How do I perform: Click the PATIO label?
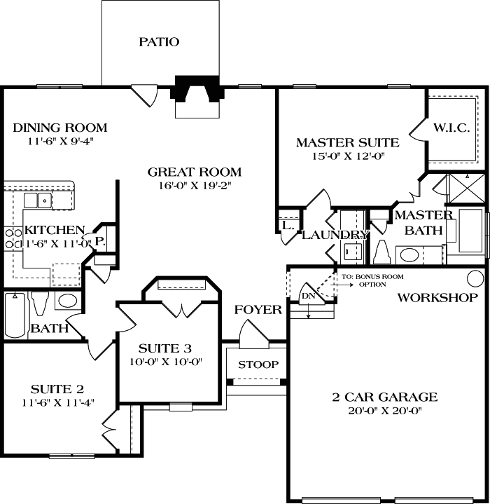[x=159, y=42]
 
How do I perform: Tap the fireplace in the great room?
[x=197, y=97]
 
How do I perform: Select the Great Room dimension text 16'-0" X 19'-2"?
[x=195, y=186]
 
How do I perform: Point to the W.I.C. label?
[x=451, y=128]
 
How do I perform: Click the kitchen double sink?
[x=38, y=200]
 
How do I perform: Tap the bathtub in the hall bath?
[x=15, y=315]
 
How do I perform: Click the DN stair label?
[x=309, y=296]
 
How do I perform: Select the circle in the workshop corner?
[x=475, y=278]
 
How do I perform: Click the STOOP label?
[x=258, y=365]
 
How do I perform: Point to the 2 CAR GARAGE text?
[x=385, y=397]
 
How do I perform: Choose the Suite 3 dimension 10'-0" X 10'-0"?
[x=166, y=362]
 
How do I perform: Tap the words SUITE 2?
[x=57, y=389]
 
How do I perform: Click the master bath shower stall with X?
[x=466, y=189]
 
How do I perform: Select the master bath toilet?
[x=382, y=252]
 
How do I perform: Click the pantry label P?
[x=100, y=240]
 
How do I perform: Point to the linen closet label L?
[x=288, y=225]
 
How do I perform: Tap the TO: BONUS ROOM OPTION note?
[x=372, y=280]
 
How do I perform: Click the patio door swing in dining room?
[x=144, y=96]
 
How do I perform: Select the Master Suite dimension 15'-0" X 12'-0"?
[x=348, y=156]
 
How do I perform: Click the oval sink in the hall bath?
[x=68, y=301]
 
